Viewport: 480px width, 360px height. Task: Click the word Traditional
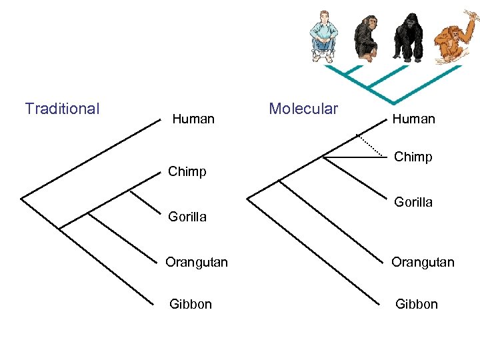point(62,108)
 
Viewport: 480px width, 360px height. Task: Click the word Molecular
point(303,108)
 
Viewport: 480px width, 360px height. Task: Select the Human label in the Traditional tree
point(193,119)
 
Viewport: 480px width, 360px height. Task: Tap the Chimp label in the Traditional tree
point(187,171)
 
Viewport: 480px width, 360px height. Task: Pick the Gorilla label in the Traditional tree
point(187,217)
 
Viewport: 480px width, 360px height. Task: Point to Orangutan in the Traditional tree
point(197,262)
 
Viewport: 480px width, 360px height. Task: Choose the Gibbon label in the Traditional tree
point(191,304)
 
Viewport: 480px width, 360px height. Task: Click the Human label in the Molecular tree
point(413,119)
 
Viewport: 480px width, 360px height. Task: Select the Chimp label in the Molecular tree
point(413,157)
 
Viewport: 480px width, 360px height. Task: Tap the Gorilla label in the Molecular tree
point(413,201)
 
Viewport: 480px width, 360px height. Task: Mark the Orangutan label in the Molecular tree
point(423,262)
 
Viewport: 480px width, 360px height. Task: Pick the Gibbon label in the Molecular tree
point(417,304)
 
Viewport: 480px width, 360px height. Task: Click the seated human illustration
point(325,37)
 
